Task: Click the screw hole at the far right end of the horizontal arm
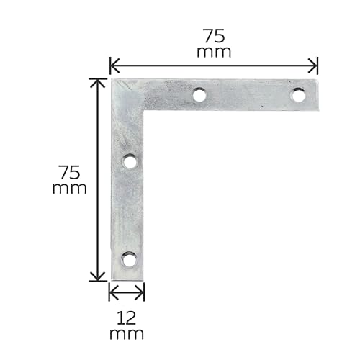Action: [x=298, y=95]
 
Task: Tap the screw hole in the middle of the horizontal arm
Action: [x=199, y=95]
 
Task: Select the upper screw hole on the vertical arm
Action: [x=130, y=161]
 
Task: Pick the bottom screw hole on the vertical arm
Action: [x=130, y=260]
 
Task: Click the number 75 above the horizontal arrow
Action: [x=214, y=36]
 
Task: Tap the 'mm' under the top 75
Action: [x=214, y=52]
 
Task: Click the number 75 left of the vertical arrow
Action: [x=70, y=172]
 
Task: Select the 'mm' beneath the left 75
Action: [x=69, y=189]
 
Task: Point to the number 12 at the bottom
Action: [x=127, y=318]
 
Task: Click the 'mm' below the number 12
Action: [x=127, y=334]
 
